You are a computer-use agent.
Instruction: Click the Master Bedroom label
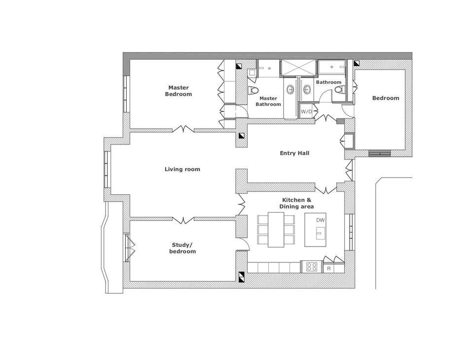[x=178, y=91]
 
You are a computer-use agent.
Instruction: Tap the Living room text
[x=182, y=169]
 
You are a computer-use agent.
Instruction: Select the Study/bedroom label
[x=183, y=248]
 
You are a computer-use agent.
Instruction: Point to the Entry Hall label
[x=294, y=153]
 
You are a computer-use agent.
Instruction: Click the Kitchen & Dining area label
[x=297, y=203]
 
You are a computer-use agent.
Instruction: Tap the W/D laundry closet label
[x=306, y=111]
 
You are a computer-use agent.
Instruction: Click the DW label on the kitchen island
[x=321, y=220]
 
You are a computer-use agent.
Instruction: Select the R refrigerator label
[x=328, y=269]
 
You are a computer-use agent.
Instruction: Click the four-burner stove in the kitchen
[x=312, y=267]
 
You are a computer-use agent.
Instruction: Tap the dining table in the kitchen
[x=276, y=230]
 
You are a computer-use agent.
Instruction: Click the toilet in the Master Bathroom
[x=253, y=91]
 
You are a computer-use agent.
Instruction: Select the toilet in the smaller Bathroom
[x=339, y=91]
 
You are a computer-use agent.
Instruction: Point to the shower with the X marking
[x=297, y=68]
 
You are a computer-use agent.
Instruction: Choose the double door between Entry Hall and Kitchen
[x=325, y=189]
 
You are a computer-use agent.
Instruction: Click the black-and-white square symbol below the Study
[x=241, y=277]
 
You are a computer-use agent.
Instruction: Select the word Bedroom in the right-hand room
[x=385, y=98]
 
